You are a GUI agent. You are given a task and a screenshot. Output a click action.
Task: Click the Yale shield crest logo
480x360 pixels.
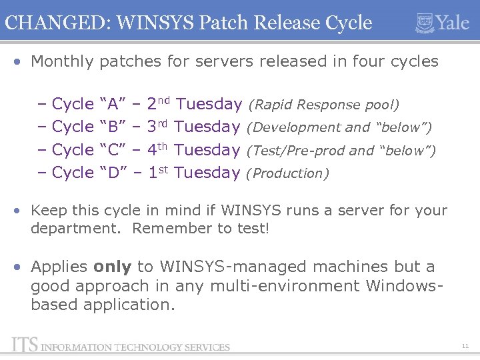[x=425, y=23]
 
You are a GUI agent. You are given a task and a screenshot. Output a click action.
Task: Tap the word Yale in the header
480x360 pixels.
[x=453, y=23]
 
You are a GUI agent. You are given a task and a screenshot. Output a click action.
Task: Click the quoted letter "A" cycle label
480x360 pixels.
[x=113, y=104]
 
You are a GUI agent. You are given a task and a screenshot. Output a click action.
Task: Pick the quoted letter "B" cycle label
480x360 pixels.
[x=113, y=127]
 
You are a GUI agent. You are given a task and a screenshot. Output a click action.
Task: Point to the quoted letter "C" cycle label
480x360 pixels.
[x=113, y=150]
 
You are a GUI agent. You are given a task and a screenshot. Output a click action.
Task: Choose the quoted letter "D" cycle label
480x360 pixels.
[x=113, y=173]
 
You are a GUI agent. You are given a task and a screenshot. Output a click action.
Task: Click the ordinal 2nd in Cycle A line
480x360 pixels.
[x=159, y=103]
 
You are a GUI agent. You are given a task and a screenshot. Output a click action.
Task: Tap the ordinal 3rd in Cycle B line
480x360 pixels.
[x=159, y=126]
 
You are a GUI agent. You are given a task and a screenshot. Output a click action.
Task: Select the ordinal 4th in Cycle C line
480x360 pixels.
[x=159, y=149]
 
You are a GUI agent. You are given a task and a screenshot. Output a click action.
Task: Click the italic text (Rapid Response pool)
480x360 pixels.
[x=323, y=105]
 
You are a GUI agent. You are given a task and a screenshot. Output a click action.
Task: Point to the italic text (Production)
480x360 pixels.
[x=287, y=173]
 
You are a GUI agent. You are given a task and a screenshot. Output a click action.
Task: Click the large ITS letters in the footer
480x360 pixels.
[x=24, y=345]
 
